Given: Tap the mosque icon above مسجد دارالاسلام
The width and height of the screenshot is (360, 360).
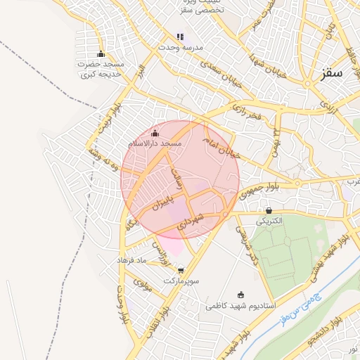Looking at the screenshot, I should click(155, 133).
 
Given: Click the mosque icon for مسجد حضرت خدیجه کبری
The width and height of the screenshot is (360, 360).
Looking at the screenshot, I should click(101, 54).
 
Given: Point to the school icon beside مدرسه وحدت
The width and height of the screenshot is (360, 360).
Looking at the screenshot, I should click(180, 37).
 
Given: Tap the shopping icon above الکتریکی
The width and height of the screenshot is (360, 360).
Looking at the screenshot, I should click(269, 210).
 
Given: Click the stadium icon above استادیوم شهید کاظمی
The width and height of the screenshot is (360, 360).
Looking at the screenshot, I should click(242, 295).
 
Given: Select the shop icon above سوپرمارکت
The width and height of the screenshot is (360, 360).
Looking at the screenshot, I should click(181, 269).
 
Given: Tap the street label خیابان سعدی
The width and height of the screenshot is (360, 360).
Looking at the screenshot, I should click(219, 72).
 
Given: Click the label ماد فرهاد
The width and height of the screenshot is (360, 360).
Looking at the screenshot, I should click(131, 260).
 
